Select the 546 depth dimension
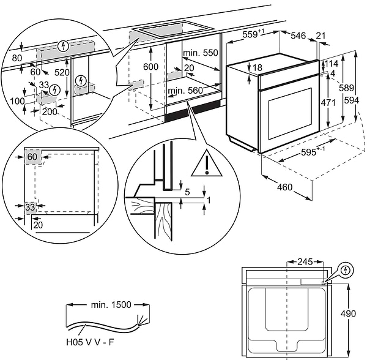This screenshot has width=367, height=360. tap(297, 36)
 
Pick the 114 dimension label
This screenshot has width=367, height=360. tap(332, 64)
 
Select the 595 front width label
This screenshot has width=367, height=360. tap(313, 155)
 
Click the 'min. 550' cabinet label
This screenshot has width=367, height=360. tap(202, 53)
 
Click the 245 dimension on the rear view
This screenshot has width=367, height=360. tap(304, 261)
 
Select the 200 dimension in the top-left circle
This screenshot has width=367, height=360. tap(49, 112)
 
